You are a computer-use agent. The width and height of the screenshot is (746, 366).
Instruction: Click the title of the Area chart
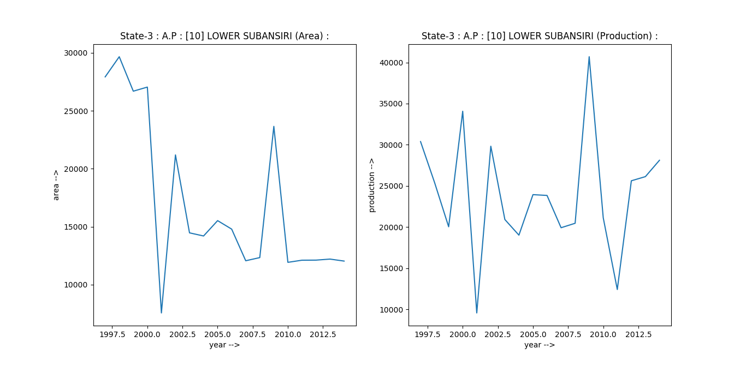[224, 36]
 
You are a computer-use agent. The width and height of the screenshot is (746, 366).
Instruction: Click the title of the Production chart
[540, 36]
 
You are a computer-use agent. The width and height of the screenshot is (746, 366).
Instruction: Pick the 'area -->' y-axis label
[56, 185]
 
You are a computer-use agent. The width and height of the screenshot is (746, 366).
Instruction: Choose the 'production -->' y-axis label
[371, 185]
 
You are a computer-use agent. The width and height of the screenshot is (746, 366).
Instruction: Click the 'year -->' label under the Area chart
[224, 345]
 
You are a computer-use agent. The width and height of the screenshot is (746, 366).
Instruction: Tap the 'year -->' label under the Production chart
[540, 345]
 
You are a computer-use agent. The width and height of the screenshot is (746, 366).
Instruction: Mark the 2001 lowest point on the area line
[161, 313]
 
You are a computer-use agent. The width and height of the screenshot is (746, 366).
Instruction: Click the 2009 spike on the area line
[274, 127]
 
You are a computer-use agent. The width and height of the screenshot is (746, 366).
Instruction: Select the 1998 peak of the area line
[119, 57]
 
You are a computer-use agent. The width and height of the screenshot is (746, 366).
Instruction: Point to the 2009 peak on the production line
[589, 57]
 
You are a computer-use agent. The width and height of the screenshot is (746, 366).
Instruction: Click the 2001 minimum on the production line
[477, 313]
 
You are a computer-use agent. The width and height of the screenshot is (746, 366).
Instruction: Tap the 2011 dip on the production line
[617, 289]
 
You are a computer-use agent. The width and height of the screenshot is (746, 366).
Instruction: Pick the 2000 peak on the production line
[463, 111]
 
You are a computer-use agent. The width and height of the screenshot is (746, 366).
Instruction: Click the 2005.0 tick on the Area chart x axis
[217, 333]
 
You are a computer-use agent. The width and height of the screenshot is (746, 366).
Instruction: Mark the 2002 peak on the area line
[175, 155]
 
